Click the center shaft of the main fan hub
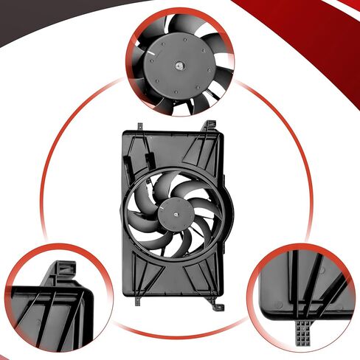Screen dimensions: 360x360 pyautogui.click(x=178, y=211)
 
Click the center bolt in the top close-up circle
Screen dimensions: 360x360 pyautogui.click(x=179, y=66)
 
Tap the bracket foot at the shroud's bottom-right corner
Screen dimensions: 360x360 pyautogui.click(x=213, y=302)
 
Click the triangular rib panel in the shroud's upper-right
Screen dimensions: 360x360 pyautogui.click(x=198, y=152)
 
